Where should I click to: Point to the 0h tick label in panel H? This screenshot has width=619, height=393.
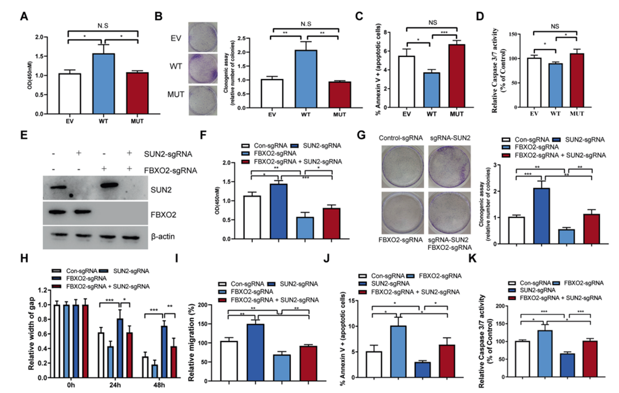pos(71,385)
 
